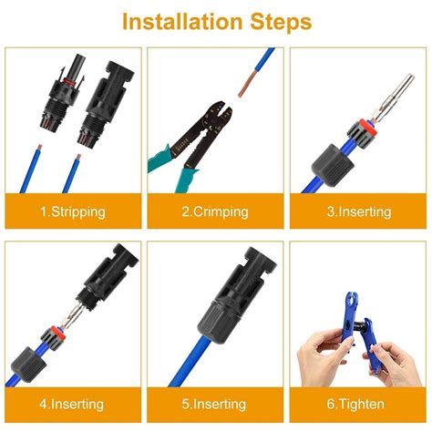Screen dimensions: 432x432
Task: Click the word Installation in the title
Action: pyautogui.click(x=174, y=21)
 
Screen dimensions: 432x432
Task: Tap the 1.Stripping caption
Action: pyautogui.click(x=72, y=211)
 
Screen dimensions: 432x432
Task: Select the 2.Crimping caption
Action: pyautogui.click(x=215, y=211)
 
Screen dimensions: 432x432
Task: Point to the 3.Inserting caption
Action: pyautogui.click(x=358, y=211)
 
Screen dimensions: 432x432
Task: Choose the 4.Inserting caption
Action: pyautogui.click(x=72, y=404)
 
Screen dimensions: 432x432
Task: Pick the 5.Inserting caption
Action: pyautogui.click(x=215, y=404)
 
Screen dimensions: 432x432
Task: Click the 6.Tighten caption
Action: pyautogui.click(x=358, y=404)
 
